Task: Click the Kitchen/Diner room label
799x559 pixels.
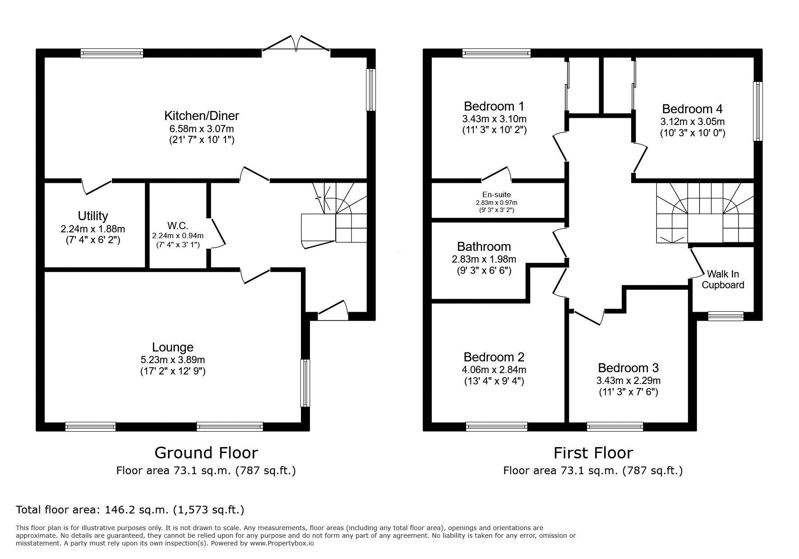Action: tap(201, 116)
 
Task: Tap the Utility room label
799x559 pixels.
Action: tap(92, 216)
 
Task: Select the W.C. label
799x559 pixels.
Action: tap(177, 226)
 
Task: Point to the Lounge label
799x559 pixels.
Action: tap(173, 347)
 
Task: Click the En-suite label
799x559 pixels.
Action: tap(496, 194)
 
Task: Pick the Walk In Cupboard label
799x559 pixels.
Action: tap(723, 279)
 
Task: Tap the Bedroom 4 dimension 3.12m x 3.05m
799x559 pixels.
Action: tap(693, 121)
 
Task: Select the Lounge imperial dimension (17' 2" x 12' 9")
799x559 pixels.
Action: tap(173, 371)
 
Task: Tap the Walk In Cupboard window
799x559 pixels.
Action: tap(725, 316)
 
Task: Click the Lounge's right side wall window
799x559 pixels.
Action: tap(306, 383)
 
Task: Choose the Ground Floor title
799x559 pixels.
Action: tap(206, 452)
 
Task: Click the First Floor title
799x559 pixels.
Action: tap(593, 452)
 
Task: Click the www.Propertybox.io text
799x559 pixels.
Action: tap(282, 543)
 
